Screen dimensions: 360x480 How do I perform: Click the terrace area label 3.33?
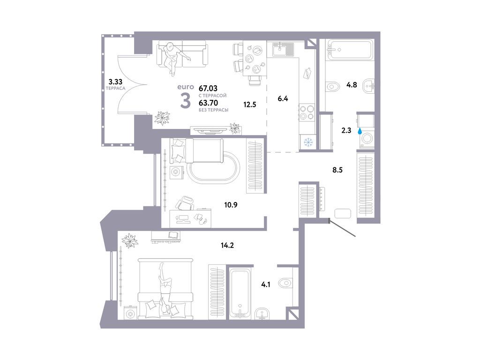[115, 80]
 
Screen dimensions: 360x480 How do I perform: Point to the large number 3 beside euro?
[186, 101]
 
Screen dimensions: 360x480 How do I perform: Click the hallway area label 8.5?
[338, 171]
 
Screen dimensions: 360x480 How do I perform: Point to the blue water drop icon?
[360, 132]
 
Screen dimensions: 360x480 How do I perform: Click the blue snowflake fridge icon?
[309, 142]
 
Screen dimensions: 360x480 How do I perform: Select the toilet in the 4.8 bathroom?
[333, 86]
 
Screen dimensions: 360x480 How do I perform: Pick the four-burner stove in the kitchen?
[306, 112]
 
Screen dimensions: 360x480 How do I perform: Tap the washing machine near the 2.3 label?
[367, 139]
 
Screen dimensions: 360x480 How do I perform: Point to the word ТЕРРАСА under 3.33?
[115, 88]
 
